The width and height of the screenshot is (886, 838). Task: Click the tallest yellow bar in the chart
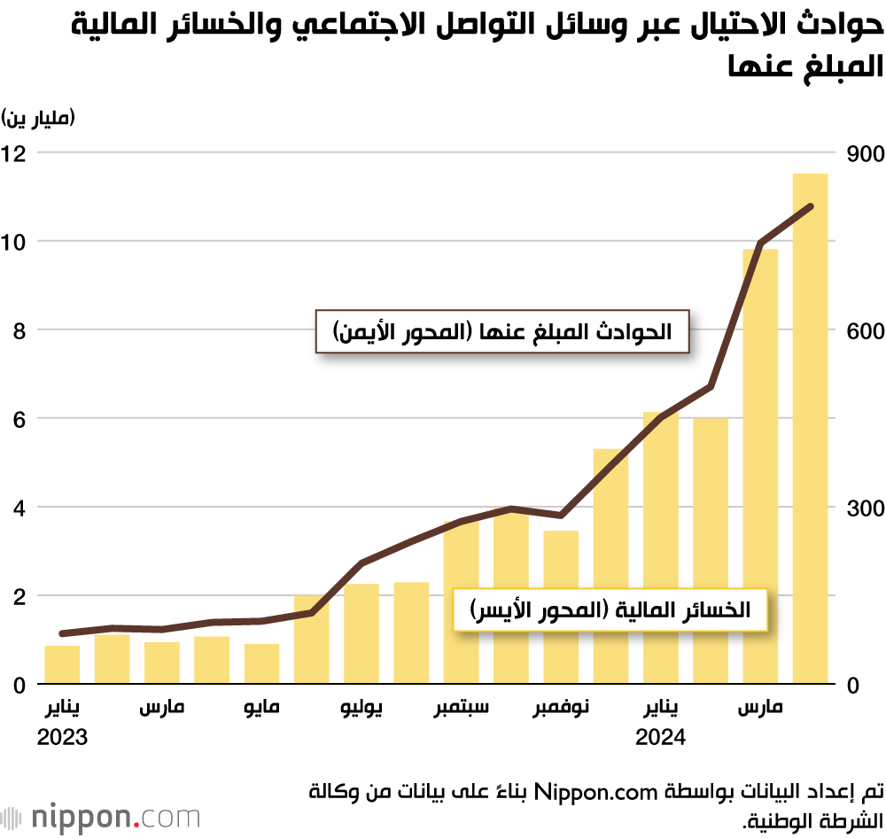[810, 429]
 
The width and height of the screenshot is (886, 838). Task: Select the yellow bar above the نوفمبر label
[561, 608]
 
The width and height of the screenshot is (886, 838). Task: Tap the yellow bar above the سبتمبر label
[461, 602]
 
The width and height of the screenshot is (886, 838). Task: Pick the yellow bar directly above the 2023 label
[62, 665]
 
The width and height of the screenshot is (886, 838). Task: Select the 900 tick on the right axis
[866, 153]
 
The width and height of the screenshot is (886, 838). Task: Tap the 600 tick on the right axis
[866, 330]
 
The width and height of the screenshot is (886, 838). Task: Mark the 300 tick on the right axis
[866, 508]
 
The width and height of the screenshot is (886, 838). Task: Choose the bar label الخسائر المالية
[610, 609]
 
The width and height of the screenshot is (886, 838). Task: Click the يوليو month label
[361, 709]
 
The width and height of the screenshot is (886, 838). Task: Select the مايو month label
[261, 709]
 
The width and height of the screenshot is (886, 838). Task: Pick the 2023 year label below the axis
[62, 737]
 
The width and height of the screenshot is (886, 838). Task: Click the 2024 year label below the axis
[661, 737]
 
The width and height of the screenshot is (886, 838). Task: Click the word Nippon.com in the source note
[579, 789]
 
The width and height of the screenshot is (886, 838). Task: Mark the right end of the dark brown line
[811, 206]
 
